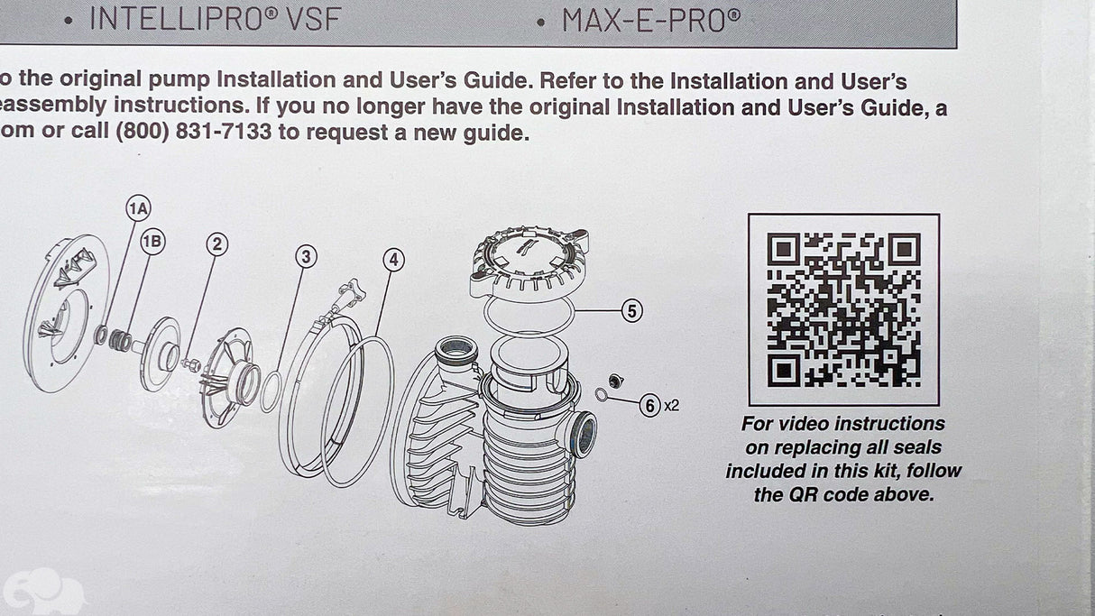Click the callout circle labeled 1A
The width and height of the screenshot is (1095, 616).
[138, 208]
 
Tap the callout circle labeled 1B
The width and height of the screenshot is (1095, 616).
[152, 242]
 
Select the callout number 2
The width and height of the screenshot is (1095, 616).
[217, 244]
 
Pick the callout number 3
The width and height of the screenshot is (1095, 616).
[306, 257]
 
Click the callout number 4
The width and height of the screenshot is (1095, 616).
[393, 260]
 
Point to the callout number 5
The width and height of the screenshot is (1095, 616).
[632, 311]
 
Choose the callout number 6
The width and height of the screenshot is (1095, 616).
[650, 406]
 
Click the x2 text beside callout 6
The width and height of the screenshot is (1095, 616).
[671, 405]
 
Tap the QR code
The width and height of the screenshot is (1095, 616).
[843, 310]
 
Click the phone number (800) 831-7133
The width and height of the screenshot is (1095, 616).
[194, 132]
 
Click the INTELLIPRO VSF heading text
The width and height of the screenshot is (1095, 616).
[215, 19]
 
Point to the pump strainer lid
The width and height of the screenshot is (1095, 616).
[529, 263]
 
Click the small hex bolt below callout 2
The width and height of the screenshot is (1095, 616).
[190, 364]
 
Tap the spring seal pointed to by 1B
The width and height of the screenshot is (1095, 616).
[120, 340]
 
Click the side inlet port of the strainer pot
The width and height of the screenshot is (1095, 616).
[582, 434]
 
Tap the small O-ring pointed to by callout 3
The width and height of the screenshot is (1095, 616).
[271, 391]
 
